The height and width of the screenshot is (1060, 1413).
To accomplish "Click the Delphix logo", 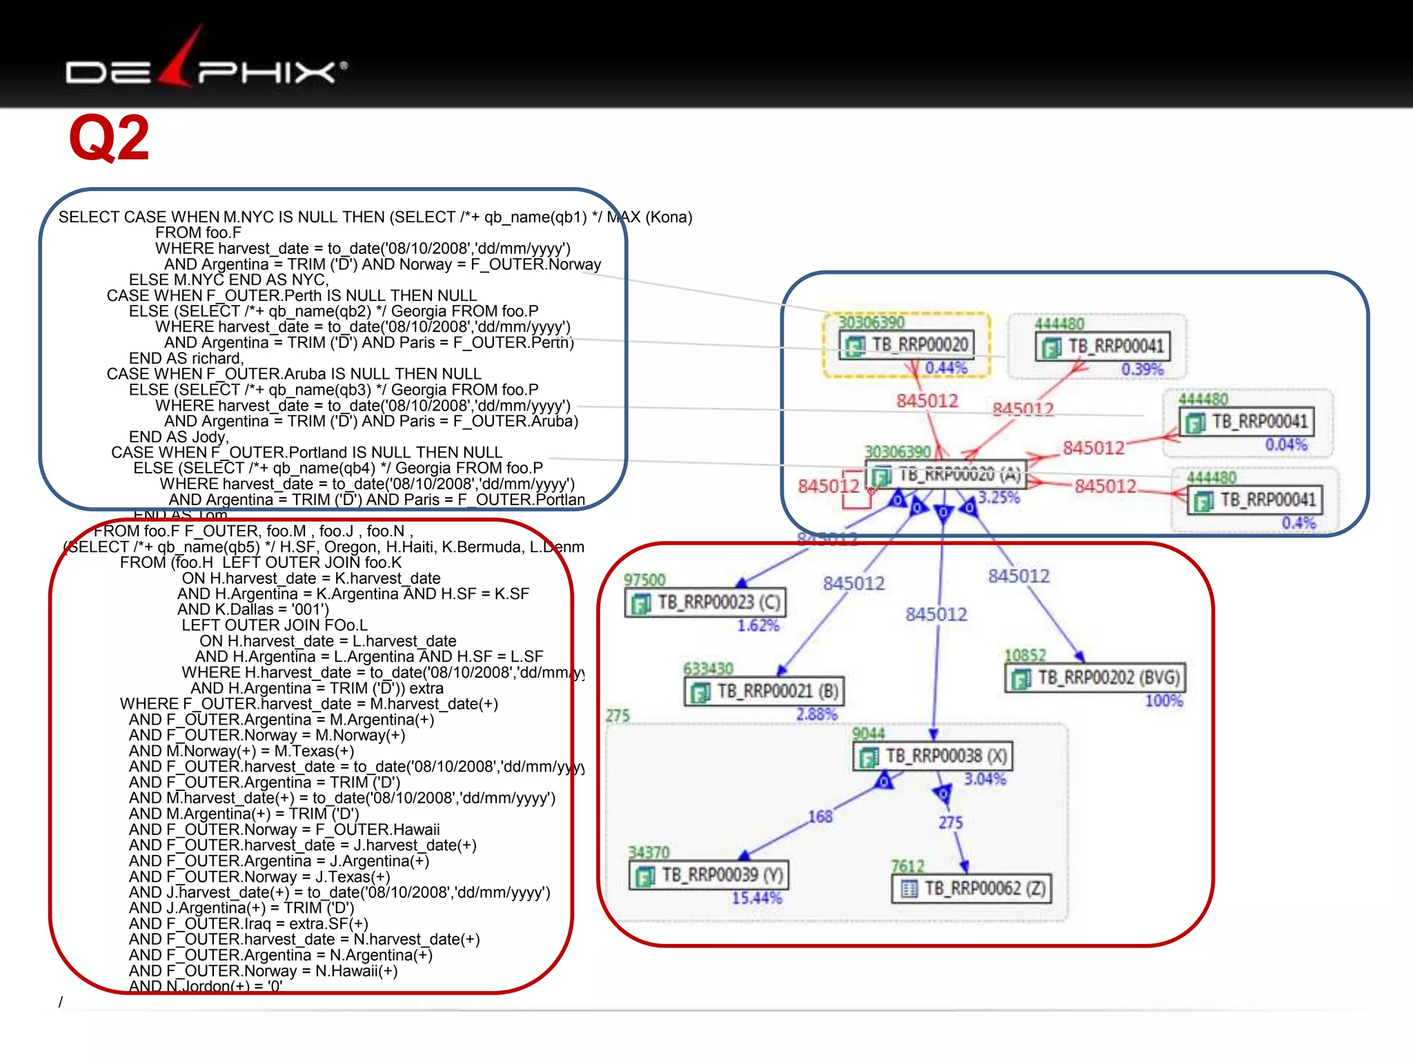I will (x=206, y=66).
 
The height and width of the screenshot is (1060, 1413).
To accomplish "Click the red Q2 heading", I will (x=109, y=139).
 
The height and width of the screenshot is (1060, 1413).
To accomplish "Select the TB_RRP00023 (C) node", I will (x=706, y=603).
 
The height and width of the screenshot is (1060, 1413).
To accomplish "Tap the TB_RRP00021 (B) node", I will (x=765, y=691).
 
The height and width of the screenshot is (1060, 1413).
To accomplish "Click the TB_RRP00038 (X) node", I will (x=933, y=757).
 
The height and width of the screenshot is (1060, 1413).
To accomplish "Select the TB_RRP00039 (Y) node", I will (x=710, y=876).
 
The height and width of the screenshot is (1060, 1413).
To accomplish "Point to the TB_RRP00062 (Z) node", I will (x=972, y=889).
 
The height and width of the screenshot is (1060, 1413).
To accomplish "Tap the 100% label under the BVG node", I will (x=1163, y=701).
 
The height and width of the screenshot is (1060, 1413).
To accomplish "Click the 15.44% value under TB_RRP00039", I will (x=757, y=899).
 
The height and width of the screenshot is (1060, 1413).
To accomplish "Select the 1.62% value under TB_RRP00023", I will (x=758, y=626).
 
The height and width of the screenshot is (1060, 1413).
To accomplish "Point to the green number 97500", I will (x=644, y=580).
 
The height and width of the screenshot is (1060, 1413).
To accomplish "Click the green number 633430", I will (x=709, y=669).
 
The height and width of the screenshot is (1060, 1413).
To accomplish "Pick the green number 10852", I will (x=1025, y=656).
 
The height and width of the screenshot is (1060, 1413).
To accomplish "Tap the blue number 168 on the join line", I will (x=820, y=817).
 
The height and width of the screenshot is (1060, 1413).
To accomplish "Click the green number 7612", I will (x=907, y=866).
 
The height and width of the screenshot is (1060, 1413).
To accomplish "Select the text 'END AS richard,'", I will (x=186, y=359).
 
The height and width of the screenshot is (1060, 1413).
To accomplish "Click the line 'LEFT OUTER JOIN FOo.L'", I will (x=275, y=625).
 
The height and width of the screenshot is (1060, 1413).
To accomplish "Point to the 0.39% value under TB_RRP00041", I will (x=1142, y=370).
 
